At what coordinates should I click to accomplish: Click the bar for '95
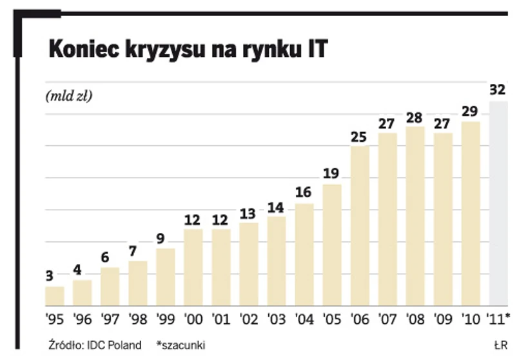click(x=55, y=295)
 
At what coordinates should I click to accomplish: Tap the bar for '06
click(x=360, y=226)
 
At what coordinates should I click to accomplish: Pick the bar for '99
click(x=166, y=277)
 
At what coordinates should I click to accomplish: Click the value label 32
click(x=497, y=90)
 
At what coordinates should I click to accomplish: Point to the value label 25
click(x=360, y=137)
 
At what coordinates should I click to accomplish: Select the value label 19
click(x=332, y=174)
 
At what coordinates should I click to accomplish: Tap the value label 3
click(x=49, y=276)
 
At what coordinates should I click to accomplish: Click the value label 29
click(x=471, y=112)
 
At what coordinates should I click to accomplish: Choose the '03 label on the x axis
click(x=276, y=319)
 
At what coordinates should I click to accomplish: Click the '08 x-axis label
click(x=415, y=319)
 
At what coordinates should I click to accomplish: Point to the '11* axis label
click(x=499, y=319)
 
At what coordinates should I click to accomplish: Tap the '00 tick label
click(x=193, y=319)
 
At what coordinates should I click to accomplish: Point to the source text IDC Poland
click(x=116, y=345)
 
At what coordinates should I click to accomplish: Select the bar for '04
click(x=304, y=254)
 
